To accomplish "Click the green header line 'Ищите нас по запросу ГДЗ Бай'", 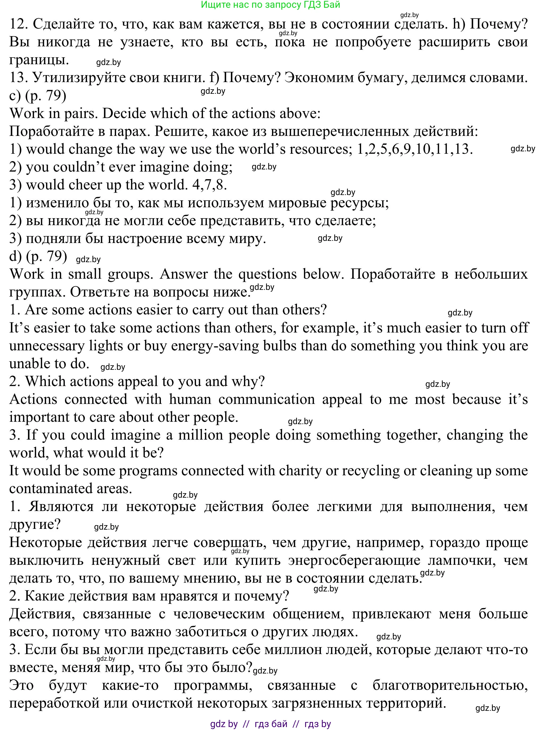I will click(271, 5).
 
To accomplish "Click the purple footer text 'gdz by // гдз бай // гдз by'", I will click(271, 723).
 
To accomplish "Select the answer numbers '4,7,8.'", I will click(210, 185).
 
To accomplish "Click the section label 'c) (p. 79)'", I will click(38, 96).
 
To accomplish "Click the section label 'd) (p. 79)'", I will click(38, 256).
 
